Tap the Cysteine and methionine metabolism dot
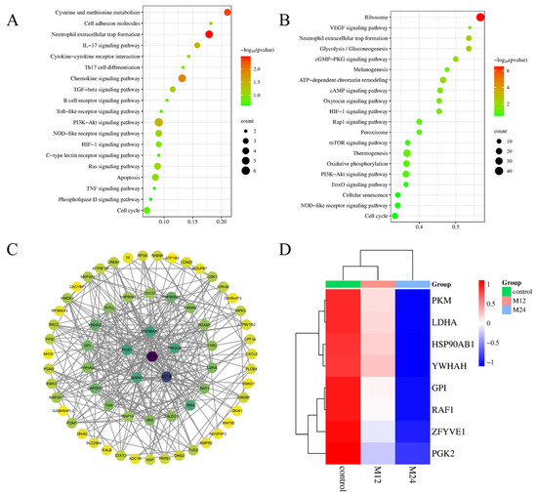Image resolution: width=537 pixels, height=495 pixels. [227, 12]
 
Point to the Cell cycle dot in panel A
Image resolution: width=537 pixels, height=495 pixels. [147, 209]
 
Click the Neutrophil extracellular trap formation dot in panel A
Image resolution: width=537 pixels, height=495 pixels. [209, 34]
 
